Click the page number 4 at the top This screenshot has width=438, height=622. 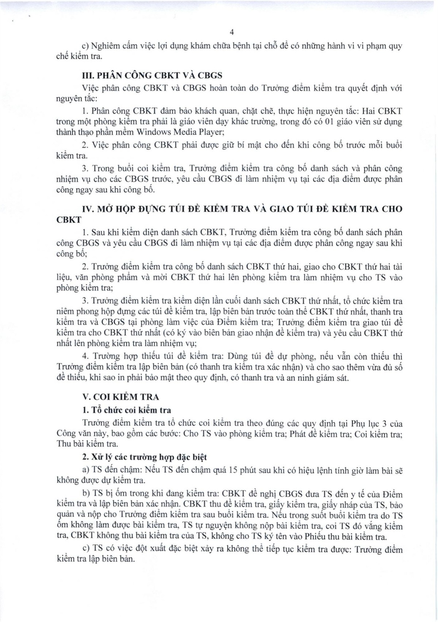pyautogui.click(x=232, y=33)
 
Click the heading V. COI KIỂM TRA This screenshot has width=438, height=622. pyautogui.click(x=121, y=397)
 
